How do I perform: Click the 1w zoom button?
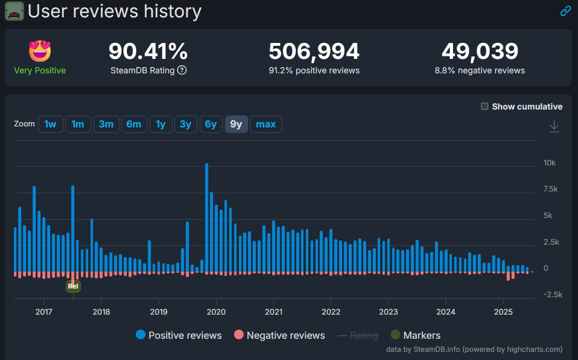50,125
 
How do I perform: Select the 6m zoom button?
134,125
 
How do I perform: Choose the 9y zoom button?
236,125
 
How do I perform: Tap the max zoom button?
266,125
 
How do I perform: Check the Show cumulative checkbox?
485,107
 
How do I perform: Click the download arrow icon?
554,126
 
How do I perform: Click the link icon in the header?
565,11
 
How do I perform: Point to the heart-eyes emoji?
40,51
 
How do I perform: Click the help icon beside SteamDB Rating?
182,70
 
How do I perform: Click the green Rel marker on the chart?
73,286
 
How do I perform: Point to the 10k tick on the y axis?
550,163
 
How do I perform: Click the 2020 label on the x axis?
216,312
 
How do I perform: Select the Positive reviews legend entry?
179,335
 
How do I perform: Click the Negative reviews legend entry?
279,335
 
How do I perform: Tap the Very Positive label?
40,70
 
